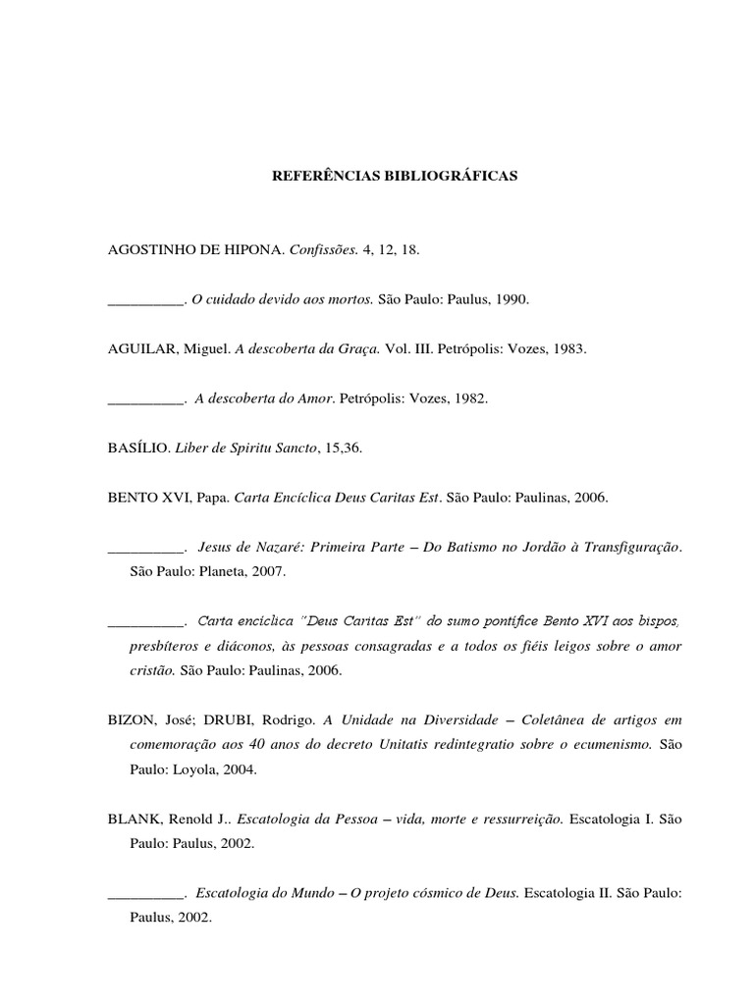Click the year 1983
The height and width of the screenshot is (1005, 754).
tap(567, 348)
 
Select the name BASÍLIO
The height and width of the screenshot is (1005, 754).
tap(136, 448)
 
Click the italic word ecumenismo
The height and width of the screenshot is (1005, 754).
tap(608, 744)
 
